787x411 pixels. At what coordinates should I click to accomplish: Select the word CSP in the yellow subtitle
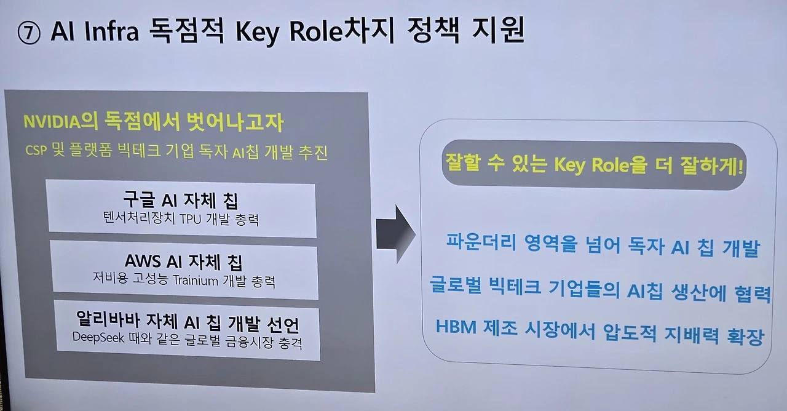[x=36, y=153]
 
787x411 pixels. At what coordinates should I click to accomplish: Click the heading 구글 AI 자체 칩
[x=181, y=200]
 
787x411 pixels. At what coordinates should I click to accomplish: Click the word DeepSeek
[x=98, y=338]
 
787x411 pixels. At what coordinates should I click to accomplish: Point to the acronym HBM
[x=456, y=327]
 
